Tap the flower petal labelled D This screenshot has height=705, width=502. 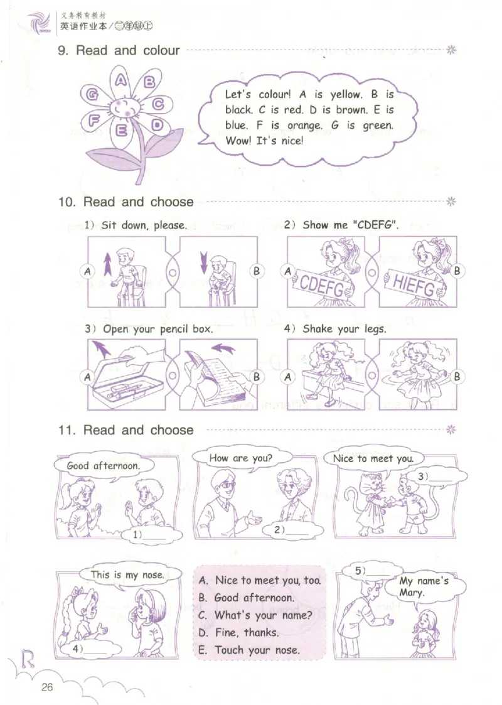click(x=154, y=124)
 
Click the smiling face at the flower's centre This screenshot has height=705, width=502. click(x=124, y=109)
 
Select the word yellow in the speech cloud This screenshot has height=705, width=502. click(x=346, y=95)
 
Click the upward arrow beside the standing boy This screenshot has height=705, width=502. click(x=107, y=264)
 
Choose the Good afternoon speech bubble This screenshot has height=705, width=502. click(x=104, y=465)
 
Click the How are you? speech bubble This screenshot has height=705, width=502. click(x=240, y=458)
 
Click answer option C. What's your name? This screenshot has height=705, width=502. click(x=255, y=615)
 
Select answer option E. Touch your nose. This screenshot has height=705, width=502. click(x=248, y=650)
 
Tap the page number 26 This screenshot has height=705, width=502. click(x=46, y=687)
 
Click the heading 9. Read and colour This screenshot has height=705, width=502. click(x=119, y=50)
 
